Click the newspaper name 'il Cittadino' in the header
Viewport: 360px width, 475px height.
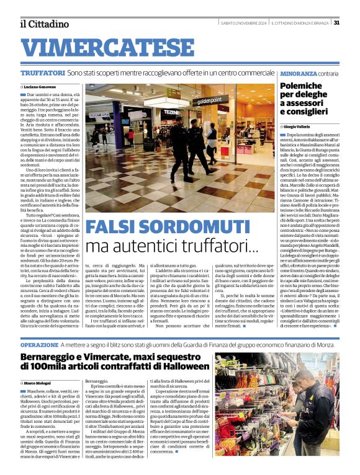[44, 24]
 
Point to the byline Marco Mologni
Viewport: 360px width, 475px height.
[38, 383]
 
